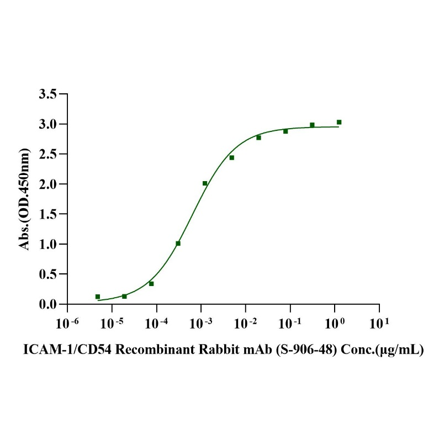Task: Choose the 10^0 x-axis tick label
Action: (x=334, y=321)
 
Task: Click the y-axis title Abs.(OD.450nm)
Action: (x=25, y=199)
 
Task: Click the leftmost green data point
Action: (x=98, y=297)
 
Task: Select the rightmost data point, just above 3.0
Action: (x=339, y=122)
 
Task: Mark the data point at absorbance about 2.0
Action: (x=205, y=183)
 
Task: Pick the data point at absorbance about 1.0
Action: (x=178, y=243)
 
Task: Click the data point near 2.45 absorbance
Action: (x=232, y=157)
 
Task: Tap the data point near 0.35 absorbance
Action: (x=151, y=283)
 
